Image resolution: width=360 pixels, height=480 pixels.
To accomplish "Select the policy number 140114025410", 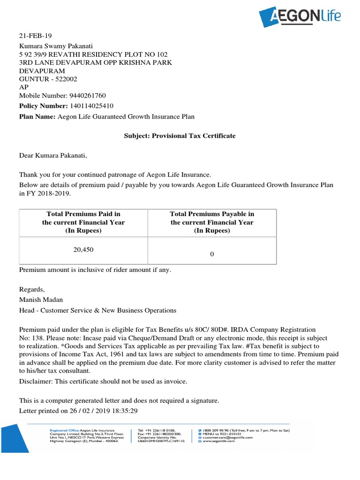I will (91, 106).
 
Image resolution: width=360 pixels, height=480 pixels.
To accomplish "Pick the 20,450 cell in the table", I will (83, 250).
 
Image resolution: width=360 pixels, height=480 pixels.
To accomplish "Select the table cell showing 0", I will (212, 254).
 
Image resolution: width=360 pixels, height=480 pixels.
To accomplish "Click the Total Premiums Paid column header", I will (83, 222).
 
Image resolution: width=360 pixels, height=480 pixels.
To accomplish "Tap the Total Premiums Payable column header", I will (212, 222).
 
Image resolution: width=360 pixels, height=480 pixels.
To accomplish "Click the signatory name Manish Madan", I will (41, 300).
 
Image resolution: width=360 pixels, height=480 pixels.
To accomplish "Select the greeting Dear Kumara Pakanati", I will (53, 156).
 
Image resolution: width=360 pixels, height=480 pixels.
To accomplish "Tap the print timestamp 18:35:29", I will (122, 411).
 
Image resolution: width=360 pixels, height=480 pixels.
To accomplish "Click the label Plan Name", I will (37, 117).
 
